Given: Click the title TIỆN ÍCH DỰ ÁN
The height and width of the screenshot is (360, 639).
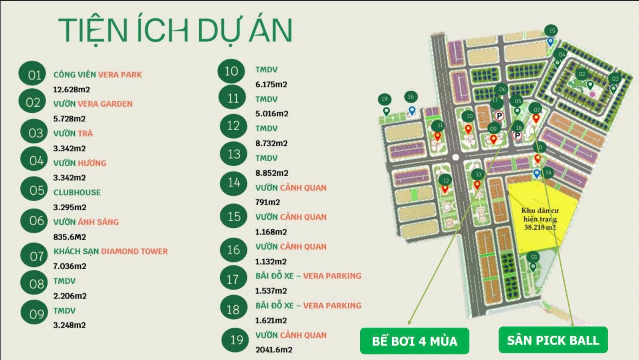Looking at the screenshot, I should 175,30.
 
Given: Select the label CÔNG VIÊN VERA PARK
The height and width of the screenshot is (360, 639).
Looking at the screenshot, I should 97,75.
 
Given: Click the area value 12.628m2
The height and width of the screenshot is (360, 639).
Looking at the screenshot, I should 71,90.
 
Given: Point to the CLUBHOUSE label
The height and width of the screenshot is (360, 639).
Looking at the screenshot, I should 77,193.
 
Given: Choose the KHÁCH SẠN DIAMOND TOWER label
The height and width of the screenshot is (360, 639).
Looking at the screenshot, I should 111,251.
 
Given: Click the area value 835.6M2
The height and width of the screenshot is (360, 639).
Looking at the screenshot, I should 69,237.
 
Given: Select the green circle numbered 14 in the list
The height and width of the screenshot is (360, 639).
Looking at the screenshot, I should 234,183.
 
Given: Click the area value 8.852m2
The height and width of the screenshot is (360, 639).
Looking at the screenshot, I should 272,173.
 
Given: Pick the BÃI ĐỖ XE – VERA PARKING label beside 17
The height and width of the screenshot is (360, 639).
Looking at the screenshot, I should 308,276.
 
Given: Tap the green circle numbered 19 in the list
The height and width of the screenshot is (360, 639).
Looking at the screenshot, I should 236,340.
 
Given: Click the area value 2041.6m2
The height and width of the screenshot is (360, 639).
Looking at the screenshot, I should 274,350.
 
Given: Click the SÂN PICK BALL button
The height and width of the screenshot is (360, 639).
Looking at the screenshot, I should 553,340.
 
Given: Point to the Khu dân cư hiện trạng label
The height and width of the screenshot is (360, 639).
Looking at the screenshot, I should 540,219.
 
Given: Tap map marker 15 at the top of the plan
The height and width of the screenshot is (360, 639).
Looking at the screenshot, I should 552,31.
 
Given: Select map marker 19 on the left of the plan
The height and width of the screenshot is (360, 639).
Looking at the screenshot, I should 384,99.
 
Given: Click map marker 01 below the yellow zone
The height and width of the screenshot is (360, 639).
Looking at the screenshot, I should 534,257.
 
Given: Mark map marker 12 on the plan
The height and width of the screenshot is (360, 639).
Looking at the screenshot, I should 446,181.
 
